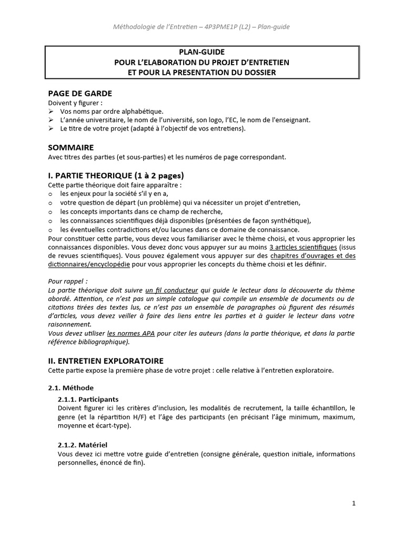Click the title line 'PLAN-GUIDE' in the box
202,53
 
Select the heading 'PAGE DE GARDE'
79,93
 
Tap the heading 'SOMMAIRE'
71,148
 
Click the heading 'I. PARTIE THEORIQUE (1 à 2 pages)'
116,176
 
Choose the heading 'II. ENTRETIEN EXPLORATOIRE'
106,361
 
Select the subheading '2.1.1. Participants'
88,398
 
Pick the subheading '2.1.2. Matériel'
83,445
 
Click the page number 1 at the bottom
354,503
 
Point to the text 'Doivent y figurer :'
75,103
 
